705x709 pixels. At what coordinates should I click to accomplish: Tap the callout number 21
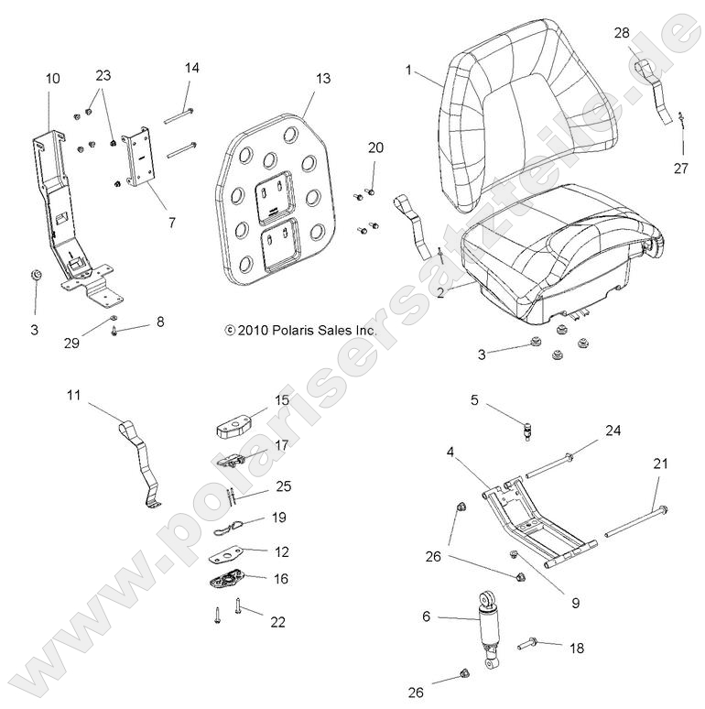[x=660, y=464]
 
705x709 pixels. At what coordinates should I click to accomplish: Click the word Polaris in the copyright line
[x=288, y=330]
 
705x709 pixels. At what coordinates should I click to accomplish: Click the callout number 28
[x=622, y=33]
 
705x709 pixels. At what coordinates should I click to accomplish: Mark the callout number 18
[x=576, y=648]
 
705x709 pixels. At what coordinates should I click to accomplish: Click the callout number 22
[x=277, y=622]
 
